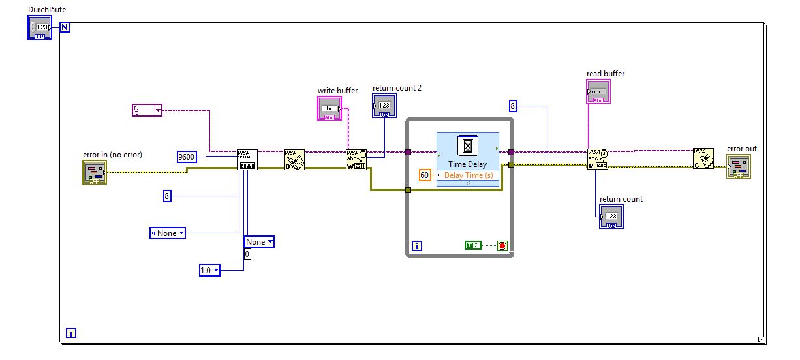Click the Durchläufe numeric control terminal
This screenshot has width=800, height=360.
click(x=40, y=28)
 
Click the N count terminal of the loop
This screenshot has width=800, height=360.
click(x=65, y=27)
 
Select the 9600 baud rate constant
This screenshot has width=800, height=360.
click(x=187, y=157)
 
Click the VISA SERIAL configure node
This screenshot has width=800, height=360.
click(x=247, y=160)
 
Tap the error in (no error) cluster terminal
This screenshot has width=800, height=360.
click(x=94, y=173)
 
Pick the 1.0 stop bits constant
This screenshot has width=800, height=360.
click(x=209, y=270)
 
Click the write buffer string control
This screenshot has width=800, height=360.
click(x=330, y=108)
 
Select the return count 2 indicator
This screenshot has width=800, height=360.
click(x=384, y=106)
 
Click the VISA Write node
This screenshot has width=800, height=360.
click(x=356, y=160)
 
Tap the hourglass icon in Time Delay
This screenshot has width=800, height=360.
click(x=467, y=146)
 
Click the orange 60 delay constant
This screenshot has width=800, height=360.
click(x=425, y=175)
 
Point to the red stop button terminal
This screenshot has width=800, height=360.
click(x=502, y=246)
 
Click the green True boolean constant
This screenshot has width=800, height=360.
click(x=473, y=245)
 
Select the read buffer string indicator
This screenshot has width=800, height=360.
click(x=598, y=92)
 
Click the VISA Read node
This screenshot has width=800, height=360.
click(x=598, y=159)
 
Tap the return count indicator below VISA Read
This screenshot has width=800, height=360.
click(x=611, y=217)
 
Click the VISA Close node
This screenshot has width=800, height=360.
click(x=703, y=159)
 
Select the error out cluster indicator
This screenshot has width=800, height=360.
click(x=738, y=166)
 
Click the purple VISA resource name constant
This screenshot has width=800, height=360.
click(x=147, y=110)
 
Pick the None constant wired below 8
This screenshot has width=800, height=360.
click(x=167, y=233)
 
